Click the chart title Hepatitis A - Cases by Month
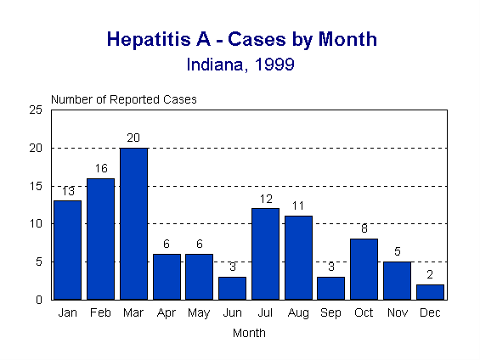click(x=241, y=40)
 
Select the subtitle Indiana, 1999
click(x=240, y=65)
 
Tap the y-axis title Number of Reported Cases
click(x=124, y=99)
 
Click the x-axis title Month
click(x=249, y=333)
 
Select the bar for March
click(x=133, y=223)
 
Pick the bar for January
click(x=68, y=250)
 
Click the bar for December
click(x=430, y=291)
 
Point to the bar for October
click(x=364, y=269)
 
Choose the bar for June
click(x=232, y=288)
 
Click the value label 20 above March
click(x=133, y=138)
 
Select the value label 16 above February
click(x=100, y=168)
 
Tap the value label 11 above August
click(x=297, y=206)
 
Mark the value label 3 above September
click(x=330, y=267)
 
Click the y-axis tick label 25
click(x=37, y=110)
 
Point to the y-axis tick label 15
click(x=37, y=186)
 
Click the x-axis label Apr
click(x=167, y=312)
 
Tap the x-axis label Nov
click(x=397, y=312)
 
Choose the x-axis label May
click(x=199, y=312)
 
